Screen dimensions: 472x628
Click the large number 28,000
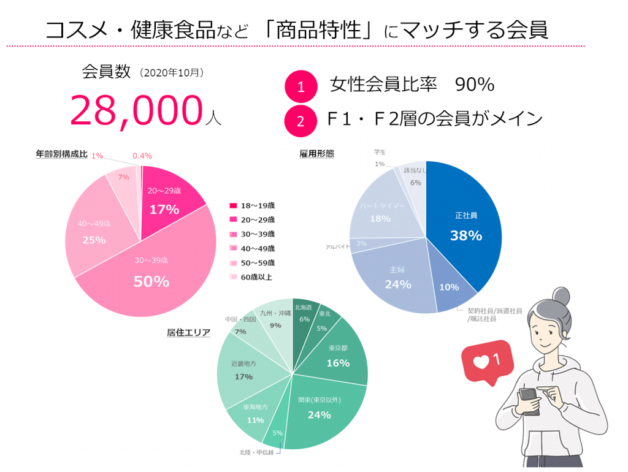pyautogui.click(x=136, y=111)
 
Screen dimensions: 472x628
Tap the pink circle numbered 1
pyautogui.click(x=301, y=87)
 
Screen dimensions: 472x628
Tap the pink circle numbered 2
pyautogui.click(x=301, y=120)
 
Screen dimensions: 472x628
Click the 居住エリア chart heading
pyautogui.click(x=189, y=333)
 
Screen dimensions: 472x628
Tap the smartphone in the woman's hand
pyautogui.click(x=529, y=402)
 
